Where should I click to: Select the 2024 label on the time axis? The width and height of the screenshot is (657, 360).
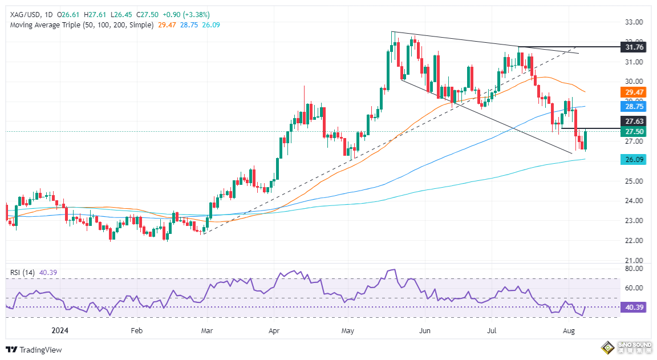click(59, 330)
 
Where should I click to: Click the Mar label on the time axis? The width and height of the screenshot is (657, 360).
click(208, 330)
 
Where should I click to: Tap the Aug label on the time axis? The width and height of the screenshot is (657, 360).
click(568, 330)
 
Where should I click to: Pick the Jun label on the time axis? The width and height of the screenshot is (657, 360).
click(424, 330)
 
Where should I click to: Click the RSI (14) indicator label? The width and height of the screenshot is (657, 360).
click(23, 273)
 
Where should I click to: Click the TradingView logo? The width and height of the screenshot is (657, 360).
click(34, 350)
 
